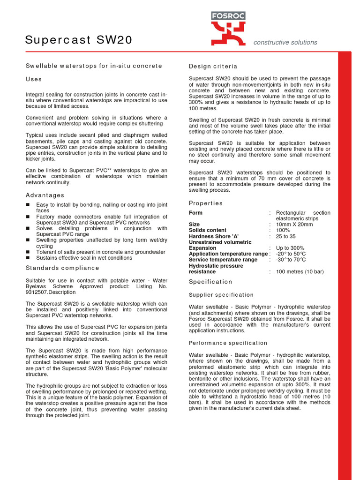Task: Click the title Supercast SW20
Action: (79, 41)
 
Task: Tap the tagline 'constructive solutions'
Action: (285, 42)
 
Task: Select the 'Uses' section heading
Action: (34, 79)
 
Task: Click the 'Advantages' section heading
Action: (45, 195)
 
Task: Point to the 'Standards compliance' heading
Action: (62, 268)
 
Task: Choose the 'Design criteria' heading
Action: (213, 66)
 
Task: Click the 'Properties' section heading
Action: (206, 203)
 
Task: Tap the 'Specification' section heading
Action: (210, 282)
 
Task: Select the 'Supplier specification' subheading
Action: (221, 295)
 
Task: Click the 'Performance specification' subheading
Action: (228, 343)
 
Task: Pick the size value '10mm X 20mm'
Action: (294, 225)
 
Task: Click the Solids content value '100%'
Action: (283, 230)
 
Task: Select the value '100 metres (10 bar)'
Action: (300, 271)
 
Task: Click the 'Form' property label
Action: (195, 213)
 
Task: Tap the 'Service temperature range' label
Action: (223, 260)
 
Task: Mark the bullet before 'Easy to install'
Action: (28, 205)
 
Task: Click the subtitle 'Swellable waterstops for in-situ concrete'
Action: (94, 66)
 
